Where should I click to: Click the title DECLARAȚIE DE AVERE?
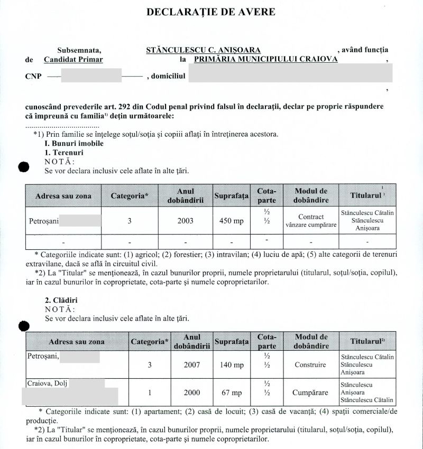coord(210,12)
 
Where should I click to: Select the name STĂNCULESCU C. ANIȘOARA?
coord(203,50)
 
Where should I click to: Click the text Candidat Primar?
coord(73,60)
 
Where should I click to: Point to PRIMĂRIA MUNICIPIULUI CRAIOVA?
coord(266,60)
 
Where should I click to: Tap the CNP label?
coord(33,76)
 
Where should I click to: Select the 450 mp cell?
coord(231,221)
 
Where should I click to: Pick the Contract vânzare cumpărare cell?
coord(311,221)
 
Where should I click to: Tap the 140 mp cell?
coord(231,364)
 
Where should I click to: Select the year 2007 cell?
coord(191,364)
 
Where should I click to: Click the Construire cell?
coord(310,364)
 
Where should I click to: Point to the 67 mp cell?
coord(231,393)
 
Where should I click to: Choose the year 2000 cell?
coord(191,393)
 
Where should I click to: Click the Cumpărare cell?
coord(310,393)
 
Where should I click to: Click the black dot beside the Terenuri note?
coord(23,167)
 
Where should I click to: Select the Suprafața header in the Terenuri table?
coord(231,196)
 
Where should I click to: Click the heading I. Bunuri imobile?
coord(74,143)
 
